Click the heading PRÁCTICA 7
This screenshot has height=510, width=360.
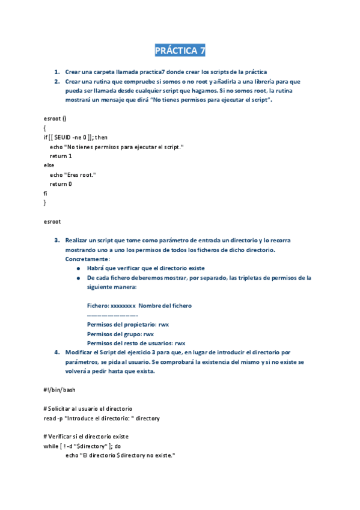click(180, 51)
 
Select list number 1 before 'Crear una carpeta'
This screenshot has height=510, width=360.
click(57, 72)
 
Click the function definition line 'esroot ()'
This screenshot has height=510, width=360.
click(55, 118)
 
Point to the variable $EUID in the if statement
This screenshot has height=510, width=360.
click(62, 137)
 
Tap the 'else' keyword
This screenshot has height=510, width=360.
click(49, 165)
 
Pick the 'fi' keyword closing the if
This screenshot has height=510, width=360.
click(46, 193)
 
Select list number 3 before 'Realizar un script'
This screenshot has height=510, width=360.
click(57, 240)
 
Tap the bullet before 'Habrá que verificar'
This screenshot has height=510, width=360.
click(79, 268)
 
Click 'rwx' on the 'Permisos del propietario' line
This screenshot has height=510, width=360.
click(163, 324)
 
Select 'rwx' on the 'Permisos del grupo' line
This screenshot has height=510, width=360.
click(149, 334)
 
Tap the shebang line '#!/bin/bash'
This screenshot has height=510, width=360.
click(59, 390)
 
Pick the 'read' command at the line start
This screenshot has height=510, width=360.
click(49, 418)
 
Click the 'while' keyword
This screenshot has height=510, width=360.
click(51, 446)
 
